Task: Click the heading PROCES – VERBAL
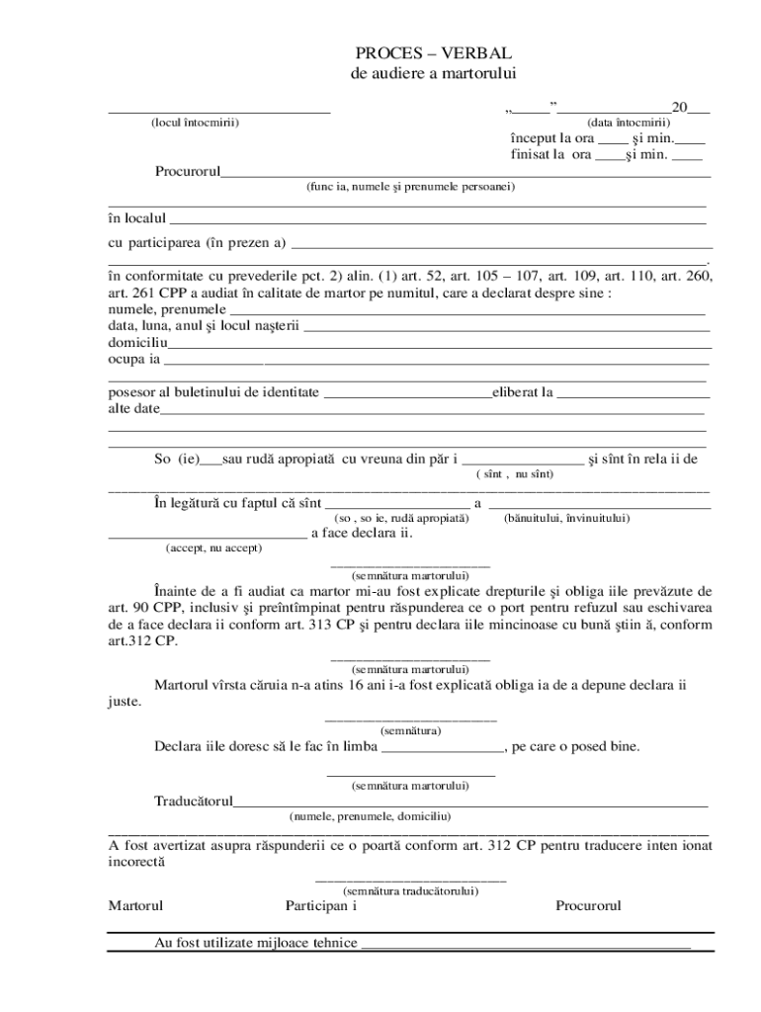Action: (434, 53)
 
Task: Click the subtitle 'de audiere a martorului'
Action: (434, 74)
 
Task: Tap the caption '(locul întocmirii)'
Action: (195, 123)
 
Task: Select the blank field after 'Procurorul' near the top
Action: (465, 173)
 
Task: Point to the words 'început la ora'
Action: (552, 138)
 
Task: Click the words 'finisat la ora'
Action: (551, 155)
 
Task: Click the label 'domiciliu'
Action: (137, 343)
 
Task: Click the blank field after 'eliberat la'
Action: (634, 393)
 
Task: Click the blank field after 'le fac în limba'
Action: (443, 748)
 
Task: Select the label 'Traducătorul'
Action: (194, 801)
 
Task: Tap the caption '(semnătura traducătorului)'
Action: (410, 890)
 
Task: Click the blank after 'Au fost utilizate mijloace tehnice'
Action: (525, 945)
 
